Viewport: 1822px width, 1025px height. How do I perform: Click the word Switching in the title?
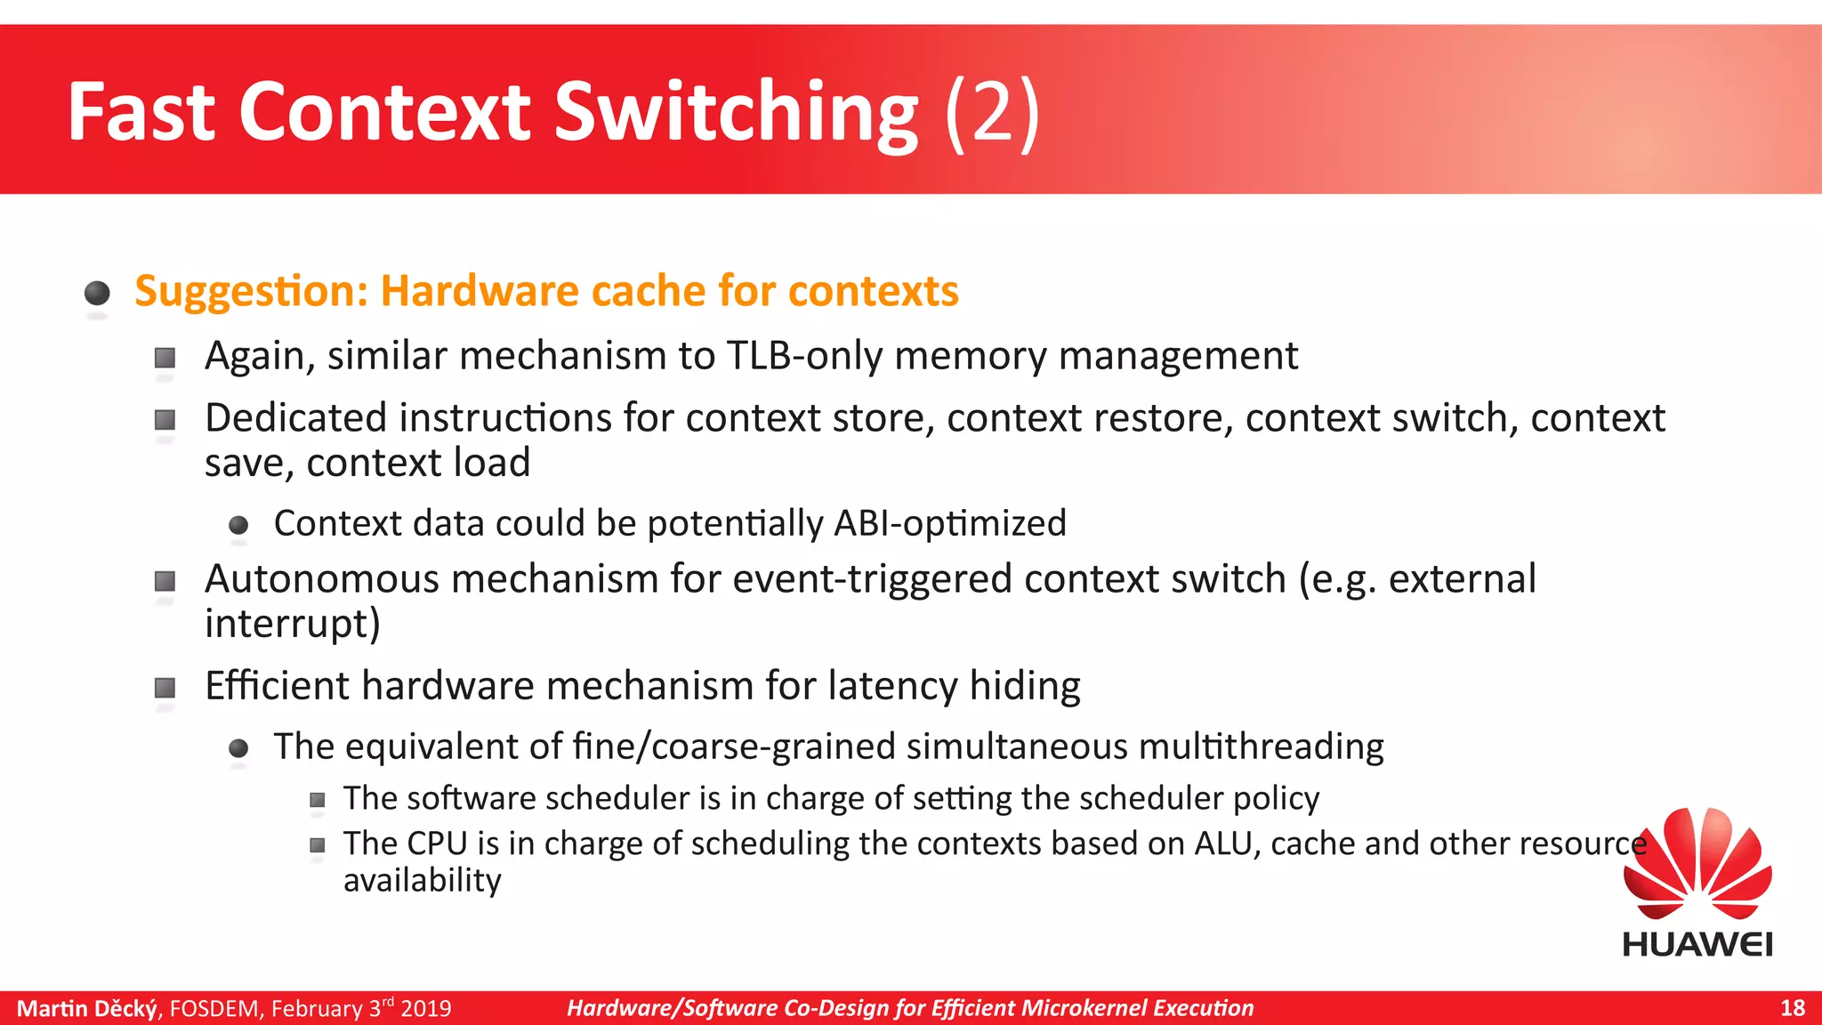pos(737,114)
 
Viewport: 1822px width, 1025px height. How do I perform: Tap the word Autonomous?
pos(322,579)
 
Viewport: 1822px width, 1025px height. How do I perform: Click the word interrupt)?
pos(293,624)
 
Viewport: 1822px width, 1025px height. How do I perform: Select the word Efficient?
pos(278,686)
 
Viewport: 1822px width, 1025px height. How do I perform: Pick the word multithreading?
pos(1261,747)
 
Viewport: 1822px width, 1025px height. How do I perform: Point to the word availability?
pos(423,881)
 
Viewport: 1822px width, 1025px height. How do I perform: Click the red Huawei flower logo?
pos(1697,863)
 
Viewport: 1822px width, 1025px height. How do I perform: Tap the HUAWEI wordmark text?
pos(1697,944)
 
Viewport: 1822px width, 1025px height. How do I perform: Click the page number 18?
pos(1793,1008)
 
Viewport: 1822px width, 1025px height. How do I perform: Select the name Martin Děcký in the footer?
pos(87,1008)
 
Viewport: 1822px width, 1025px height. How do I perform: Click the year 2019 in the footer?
pos(426,1009)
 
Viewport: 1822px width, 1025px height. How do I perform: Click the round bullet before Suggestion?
pos(97,293)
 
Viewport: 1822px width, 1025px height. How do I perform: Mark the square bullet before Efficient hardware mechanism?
pos(165,688)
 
